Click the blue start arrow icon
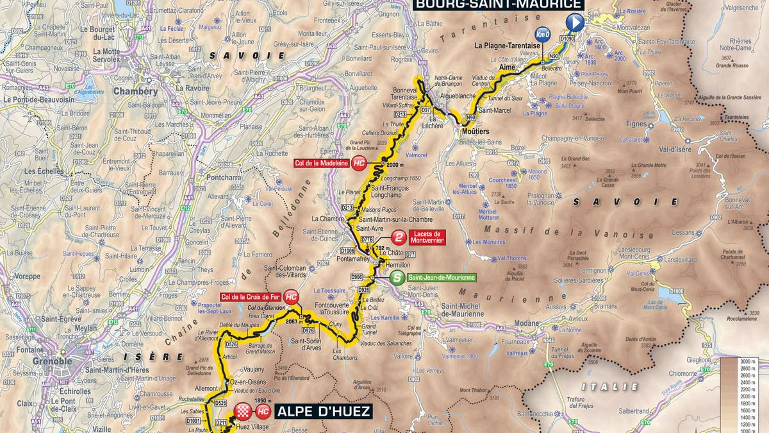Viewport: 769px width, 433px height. click(x=575, y=23)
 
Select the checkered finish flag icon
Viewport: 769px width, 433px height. click(x=242, y=411)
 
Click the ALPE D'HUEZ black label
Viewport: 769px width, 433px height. click(x=324, y=411)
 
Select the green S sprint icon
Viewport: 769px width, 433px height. click(x=397, y=277)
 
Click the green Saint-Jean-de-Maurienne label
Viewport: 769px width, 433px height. click(x=442, y=277)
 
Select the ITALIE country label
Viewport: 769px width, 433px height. click(x=609, y=387)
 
